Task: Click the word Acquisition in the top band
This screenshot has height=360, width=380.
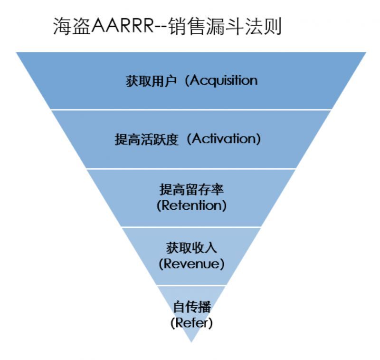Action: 224,80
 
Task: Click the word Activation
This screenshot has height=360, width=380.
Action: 226,140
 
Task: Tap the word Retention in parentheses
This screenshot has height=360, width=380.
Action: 191,206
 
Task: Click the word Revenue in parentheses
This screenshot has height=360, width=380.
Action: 191,264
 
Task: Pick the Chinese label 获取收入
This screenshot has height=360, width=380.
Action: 191,248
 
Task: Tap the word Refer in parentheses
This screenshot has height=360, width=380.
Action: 191,322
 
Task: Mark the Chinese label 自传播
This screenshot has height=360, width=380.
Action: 191,307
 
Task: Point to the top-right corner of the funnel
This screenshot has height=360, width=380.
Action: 365,52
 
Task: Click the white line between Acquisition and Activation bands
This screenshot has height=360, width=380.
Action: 191,109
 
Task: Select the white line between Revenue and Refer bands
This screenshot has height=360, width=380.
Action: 191,285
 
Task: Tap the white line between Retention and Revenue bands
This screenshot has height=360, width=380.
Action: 191,227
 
